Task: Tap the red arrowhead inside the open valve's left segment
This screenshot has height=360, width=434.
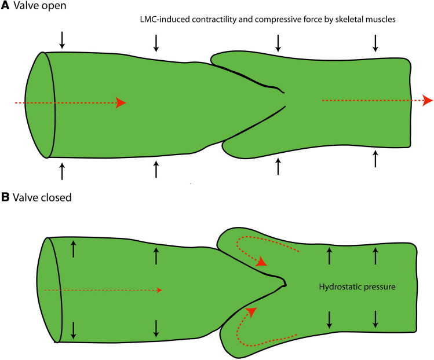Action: click(121, 102)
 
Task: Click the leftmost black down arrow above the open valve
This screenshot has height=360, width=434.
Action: click(63, 40)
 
